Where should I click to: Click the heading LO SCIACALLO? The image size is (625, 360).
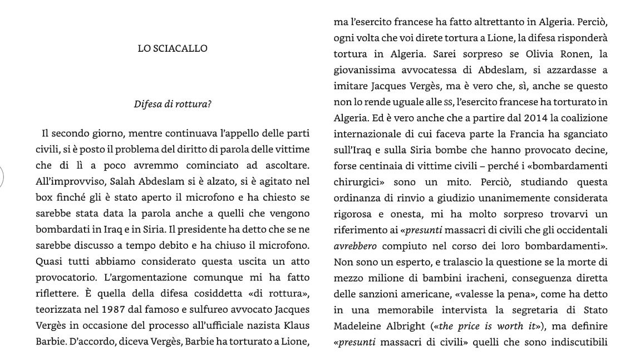pos(173,48)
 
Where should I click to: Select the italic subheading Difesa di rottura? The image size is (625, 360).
pos(173,104)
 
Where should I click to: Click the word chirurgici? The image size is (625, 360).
pos(358,182)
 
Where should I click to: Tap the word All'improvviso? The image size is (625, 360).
pos(58,182)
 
